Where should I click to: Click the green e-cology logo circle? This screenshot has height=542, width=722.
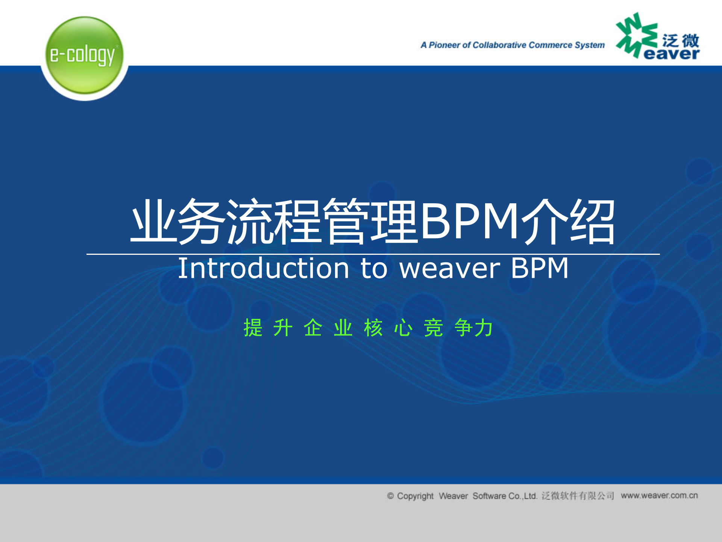pyautogui.click(x=84, y=55)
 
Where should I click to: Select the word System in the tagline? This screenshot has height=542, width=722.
pyautogui.click(x=590, y=45)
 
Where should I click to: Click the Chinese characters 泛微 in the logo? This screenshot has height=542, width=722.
pyautogui.click(x=680, y=40)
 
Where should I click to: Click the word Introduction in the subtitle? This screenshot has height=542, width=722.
pyautogui.click(x=264, y=268)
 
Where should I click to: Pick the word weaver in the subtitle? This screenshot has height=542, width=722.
pyautogui.click(x=450, y=268)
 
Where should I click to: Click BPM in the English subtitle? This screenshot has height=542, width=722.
pyautogui.click(x=540, y=268)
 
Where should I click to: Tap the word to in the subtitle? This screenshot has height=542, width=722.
pyautogui.click(x=374, y=268)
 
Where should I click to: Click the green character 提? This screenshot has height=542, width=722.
pyautogui.click(x=253, y=327)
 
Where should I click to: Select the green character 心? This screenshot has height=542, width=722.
pyautogui.click(x=403, y=327)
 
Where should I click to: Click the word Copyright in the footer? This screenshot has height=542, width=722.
pyautogui.click(x=415, y=496)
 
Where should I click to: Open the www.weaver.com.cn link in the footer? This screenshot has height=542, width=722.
pyautogui.click(x=659, y=495)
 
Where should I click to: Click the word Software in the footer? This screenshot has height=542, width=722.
pyautogui.click(x=489, y=496)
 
